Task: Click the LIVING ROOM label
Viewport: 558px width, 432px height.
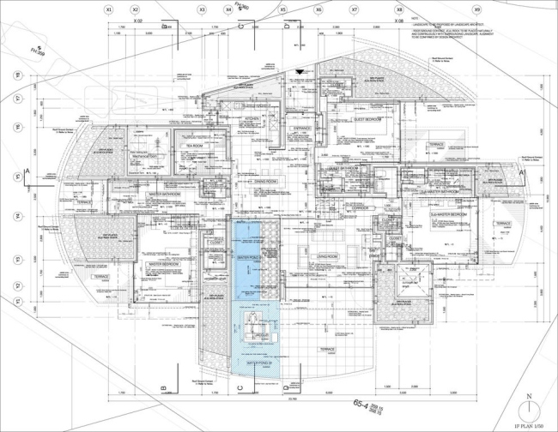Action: tap(324, 255)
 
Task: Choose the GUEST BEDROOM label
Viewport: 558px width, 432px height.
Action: tap(372, 120)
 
